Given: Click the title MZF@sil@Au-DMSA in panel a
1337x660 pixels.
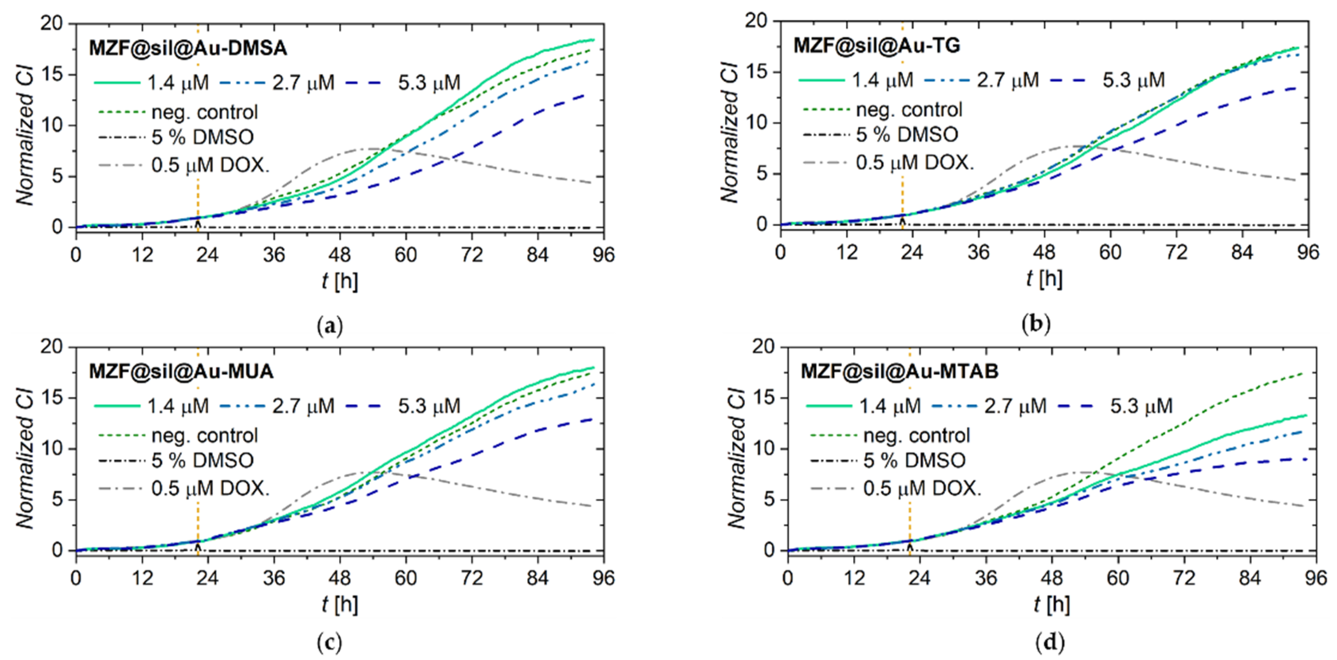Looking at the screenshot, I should (x=187, y=48).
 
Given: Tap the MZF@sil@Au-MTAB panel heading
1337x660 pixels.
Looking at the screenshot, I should (x=899, y=371).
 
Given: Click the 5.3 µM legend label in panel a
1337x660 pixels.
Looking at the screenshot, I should (x=429, y=83).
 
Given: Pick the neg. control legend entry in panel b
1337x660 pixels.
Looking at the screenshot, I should (x=909, y=109).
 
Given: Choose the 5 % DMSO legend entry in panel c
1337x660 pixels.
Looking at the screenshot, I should (x=202, y=460).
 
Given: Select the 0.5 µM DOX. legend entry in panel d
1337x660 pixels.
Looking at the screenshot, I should (x=922, y=488).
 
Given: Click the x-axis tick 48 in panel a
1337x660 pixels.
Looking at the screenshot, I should (x=340, y=255).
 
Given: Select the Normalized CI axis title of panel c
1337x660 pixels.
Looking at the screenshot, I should (x=25, y=459).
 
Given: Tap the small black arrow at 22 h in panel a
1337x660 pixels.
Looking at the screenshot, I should (x=198, y=224).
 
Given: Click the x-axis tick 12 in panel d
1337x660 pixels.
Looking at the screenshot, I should (x=854, y=578).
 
